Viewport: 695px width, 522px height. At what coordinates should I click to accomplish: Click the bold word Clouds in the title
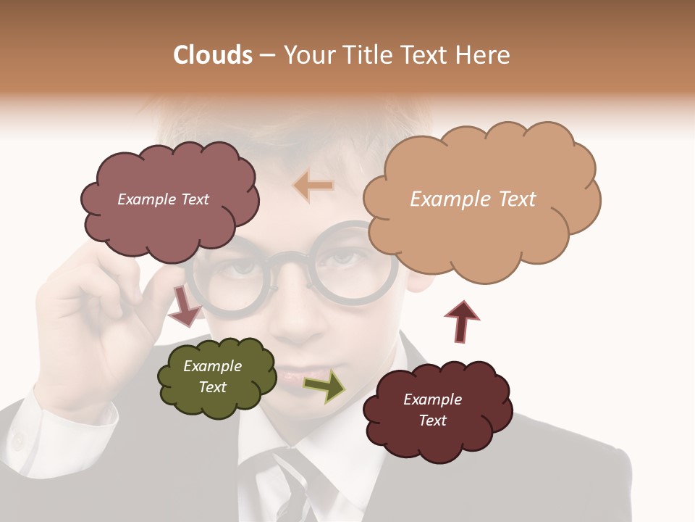click(213, 55)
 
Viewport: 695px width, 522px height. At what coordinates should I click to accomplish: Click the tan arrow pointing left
click(313, 186)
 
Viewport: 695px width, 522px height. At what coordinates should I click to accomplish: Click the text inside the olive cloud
click(213, 376)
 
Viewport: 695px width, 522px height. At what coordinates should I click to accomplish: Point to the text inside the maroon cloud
click(433, 410)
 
